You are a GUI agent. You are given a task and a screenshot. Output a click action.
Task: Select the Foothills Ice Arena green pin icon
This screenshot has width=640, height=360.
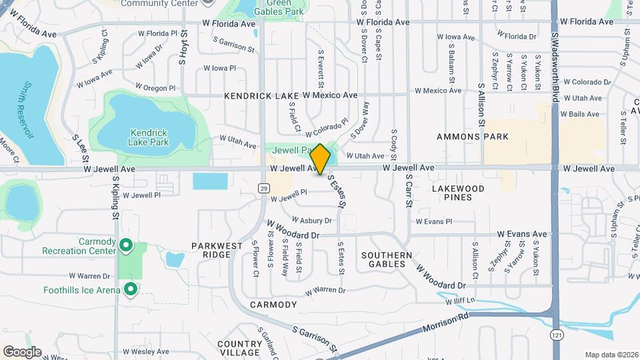click(x=131, y=289)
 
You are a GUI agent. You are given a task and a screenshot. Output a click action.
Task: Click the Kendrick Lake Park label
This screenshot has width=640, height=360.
click(x=149, y=137)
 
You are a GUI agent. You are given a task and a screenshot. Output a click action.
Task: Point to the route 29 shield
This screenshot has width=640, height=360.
click(x=264, y=189)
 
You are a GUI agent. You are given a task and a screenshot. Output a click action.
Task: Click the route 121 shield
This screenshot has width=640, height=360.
click(x=555, y=333)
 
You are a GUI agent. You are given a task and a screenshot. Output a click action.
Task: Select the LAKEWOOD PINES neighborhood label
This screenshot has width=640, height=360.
click(x=462, y=193)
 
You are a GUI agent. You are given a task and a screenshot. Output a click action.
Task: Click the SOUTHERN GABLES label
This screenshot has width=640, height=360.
click(x=383, y=259)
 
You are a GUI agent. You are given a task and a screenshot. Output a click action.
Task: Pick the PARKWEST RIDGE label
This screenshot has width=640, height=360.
click(x=217, y=250)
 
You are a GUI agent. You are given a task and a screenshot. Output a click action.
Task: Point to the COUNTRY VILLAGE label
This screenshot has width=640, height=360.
click(x=239, y=348)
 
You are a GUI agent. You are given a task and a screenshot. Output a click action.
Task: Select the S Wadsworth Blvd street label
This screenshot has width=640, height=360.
click(x=555, y=67)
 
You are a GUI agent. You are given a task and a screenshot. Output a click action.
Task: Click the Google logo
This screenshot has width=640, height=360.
click(x=22, y=352)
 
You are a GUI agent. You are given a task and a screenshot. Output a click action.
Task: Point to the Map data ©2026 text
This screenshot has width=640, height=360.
click(x=611, y=355)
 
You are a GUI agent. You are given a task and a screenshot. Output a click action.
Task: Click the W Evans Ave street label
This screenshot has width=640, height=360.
click(x=522, y=234)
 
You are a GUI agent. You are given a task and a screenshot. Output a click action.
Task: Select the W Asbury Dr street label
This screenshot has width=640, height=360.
click(x=309, y=220)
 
